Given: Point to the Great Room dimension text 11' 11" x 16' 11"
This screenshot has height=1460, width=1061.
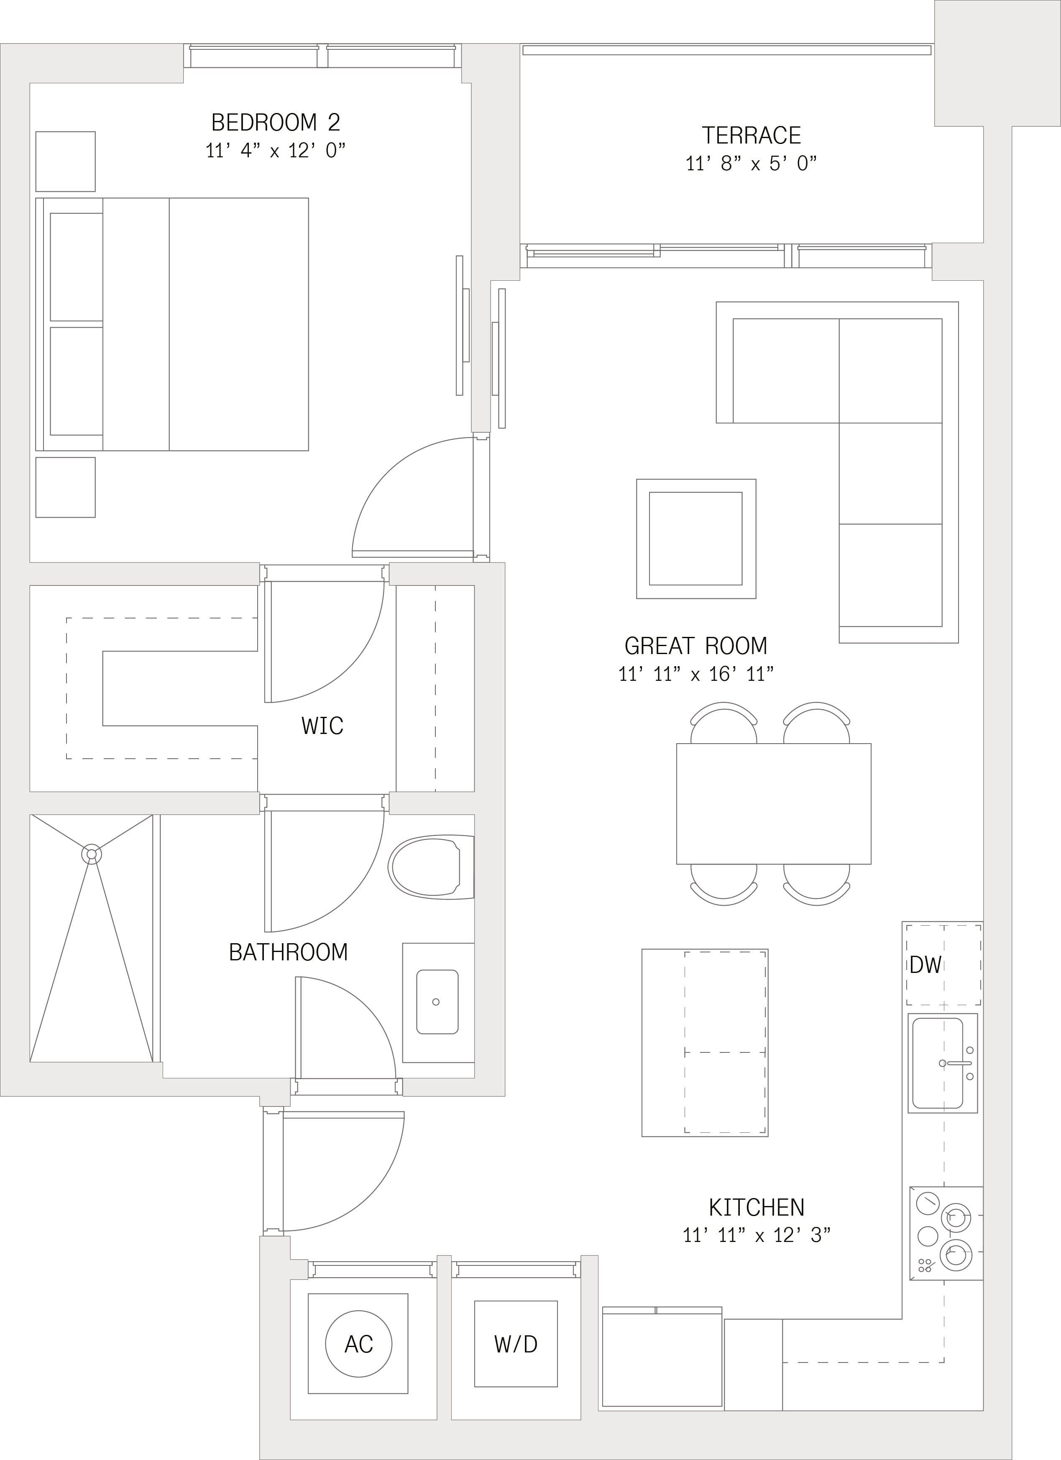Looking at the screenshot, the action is [x=695, y=674].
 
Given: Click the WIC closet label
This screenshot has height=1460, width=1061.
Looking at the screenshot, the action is [x=322, y=726].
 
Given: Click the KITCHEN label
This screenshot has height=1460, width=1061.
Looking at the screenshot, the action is [x=757, y=1207].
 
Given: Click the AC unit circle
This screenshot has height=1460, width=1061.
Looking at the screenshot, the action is [x=358, y=1344].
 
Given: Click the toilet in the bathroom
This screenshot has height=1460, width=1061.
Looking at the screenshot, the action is [x=431, y=867].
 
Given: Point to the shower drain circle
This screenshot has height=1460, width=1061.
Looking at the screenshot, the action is [x=91, y=854].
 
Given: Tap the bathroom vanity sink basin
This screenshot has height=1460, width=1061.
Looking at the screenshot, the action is [x=437, y=1002].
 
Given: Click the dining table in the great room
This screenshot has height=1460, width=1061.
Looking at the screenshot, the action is [x=773, y=803].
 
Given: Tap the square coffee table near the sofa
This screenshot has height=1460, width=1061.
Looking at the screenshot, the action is [x=696, y=539].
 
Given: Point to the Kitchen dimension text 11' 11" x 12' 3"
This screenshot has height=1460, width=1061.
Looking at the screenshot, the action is [x=757, y=1235].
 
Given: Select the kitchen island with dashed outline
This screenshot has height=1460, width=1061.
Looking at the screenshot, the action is [x=705, y=1042].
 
